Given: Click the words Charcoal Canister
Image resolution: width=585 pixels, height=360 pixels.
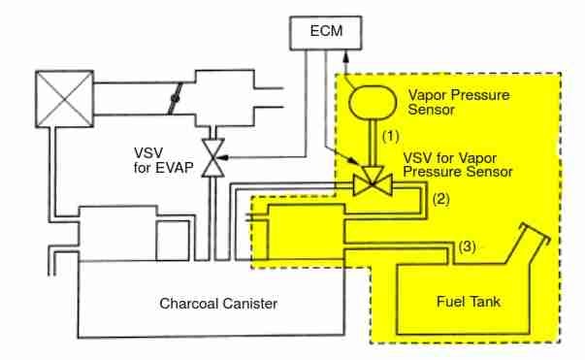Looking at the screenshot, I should (x=218, y=304).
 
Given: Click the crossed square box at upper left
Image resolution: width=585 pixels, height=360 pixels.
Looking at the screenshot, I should (x=63, y=99).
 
